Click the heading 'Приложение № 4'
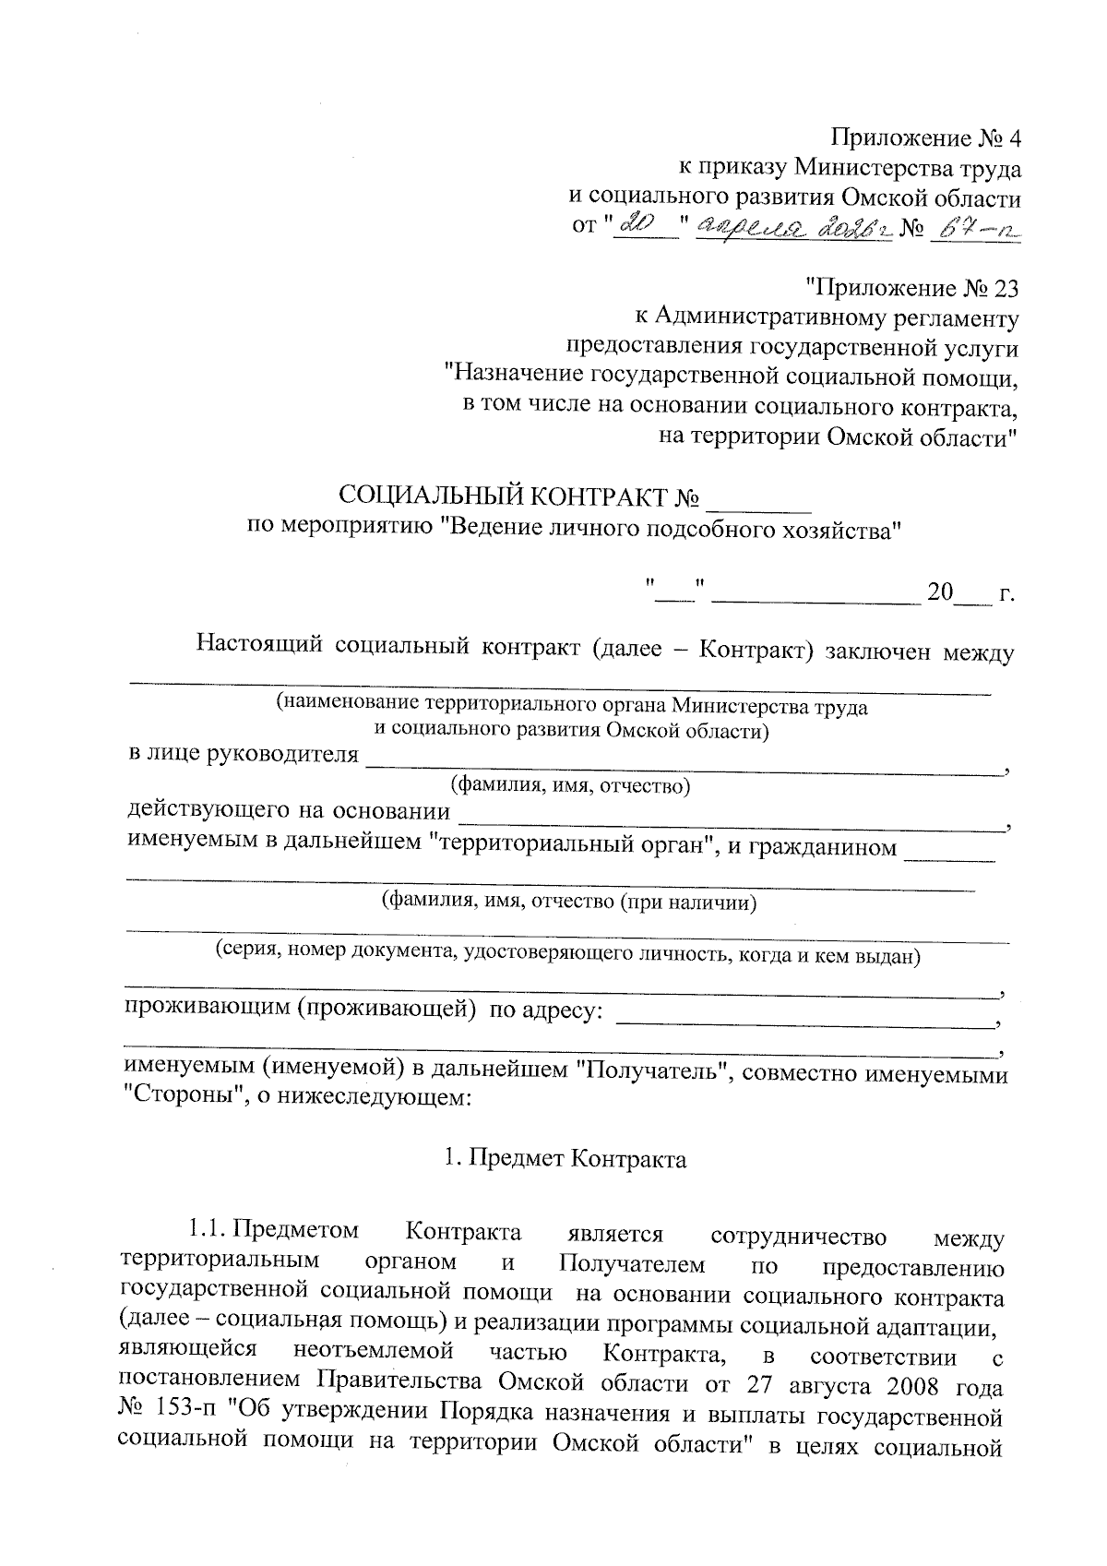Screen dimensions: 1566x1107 [926, 139]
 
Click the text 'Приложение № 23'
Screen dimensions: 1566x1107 [912, 289]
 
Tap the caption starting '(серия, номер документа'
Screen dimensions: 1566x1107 [567, 954]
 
